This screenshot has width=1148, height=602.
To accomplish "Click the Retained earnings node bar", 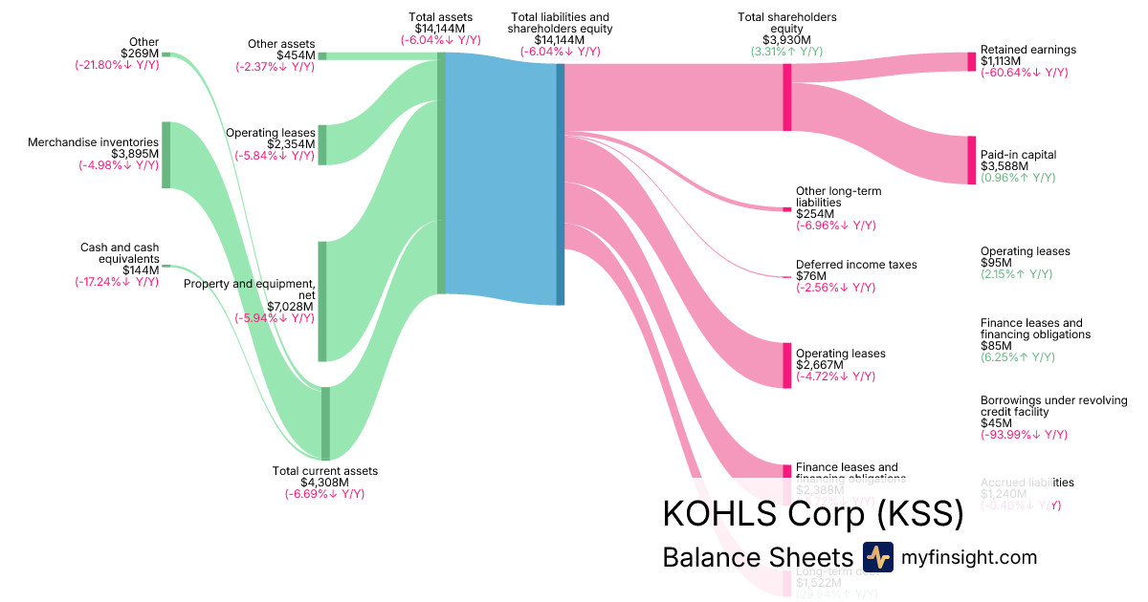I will [972, 62].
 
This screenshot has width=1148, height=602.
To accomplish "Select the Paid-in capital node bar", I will [972, 160].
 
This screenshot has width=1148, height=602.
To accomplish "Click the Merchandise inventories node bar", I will [166, 155].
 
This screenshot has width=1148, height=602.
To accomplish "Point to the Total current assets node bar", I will [325, 423].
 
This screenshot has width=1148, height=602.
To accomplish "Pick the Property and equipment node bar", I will [322, 301].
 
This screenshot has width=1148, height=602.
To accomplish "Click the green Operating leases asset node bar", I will [322, 144].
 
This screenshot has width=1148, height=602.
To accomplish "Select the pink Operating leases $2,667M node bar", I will [787, 365].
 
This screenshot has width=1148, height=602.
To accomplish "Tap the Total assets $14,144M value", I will [440, 29].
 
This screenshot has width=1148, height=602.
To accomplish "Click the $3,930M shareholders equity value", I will [787, 40].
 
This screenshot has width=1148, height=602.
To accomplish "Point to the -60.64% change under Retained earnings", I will [1025, 73].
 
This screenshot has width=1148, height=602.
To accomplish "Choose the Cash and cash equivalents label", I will [120, 253].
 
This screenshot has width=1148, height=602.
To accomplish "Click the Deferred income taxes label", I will [856, 265].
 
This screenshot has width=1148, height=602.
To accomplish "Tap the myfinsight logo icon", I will [877, 557].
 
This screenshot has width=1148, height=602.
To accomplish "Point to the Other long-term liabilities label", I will [838, 197].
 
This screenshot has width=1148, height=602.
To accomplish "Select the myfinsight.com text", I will [968, 557].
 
